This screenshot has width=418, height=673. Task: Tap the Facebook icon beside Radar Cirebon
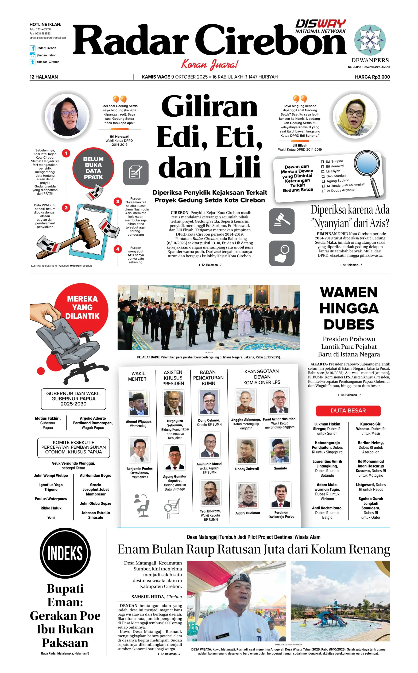[x=32, y=48]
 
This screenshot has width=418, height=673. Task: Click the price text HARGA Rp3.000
[x=372, y=77]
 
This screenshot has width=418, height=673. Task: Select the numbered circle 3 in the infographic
[x=118, y=201]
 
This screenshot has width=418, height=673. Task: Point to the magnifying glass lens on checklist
[x=367, y=164]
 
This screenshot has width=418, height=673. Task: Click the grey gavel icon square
[x=281, y=221]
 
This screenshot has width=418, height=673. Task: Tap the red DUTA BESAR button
[x=348, y=411]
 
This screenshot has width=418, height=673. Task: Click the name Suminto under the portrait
[x=280, y=468]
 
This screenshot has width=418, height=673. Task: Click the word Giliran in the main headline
[x=209, y=107]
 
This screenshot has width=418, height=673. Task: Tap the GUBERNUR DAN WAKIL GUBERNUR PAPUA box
[x=73, y=399]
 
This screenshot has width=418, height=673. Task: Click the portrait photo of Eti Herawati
[x=67, y=116]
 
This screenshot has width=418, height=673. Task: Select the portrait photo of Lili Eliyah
[x=355, y=116]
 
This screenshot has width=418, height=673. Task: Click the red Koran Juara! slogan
[x=209, y=64]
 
